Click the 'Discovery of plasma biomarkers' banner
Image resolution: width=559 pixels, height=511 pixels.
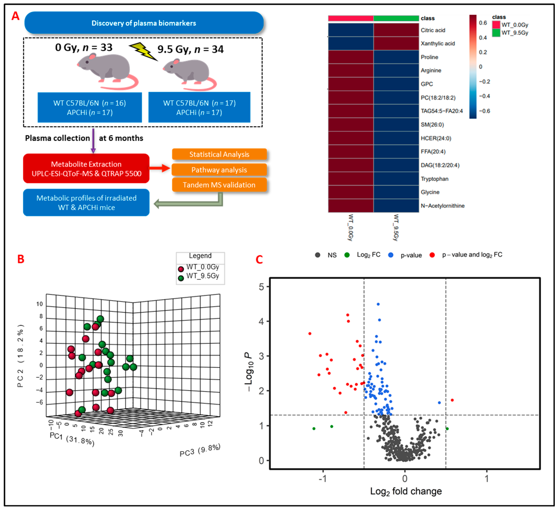point(144,23)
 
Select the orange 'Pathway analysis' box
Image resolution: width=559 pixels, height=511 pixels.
point(219,170)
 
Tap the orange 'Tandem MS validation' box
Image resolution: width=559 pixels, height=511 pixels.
point(219,185)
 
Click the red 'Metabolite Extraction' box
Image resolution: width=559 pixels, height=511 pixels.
point(86,169)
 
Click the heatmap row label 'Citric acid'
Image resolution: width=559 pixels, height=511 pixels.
point(433,30)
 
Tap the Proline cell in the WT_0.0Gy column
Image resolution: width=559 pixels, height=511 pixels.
point(351,57)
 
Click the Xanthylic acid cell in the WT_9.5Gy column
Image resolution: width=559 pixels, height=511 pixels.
point(396,43)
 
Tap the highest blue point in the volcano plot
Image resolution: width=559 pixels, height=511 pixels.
point(378,304)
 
